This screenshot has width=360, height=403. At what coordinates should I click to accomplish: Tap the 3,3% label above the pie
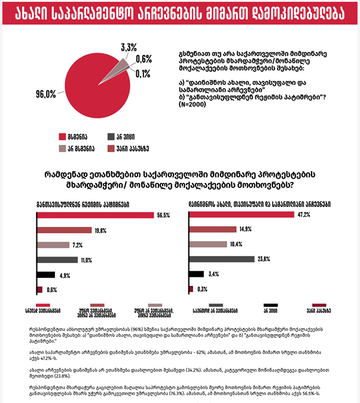point(129,47)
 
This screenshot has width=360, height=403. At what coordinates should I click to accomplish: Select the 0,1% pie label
point(144,74)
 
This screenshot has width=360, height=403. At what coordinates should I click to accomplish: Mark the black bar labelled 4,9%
point(46,275)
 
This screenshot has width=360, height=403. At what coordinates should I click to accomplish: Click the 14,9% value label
point(246,229)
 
